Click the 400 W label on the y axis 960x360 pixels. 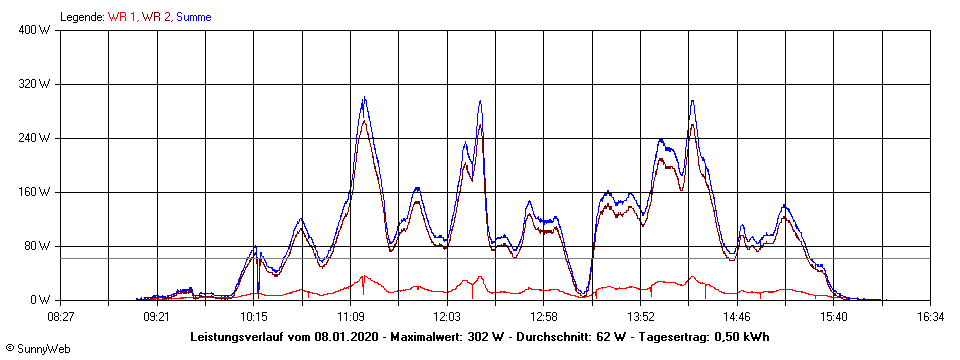(x=36, y=30)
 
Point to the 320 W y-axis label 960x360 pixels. (x=36, y=84)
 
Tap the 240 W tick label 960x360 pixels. (x=36, y=138)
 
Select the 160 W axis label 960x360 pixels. (x=36, y=192)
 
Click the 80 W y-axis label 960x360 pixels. (x=39, y=246)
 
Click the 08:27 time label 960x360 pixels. (x=60, y=316)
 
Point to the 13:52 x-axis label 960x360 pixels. (x=640, y=316)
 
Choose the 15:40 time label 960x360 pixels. (x=834, y=316)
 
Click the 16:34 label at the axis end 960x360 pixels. (x=930, y=316)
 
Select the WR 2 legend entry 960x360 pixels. (x=156, y=17)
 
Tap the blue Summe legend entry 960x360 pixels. (x=193, y=17)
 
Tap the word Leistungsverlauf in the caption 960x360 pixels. (x=238, y=337)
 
